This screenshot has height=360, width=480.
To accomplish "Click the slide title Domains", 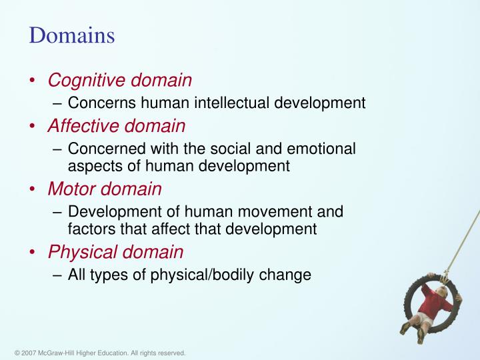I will point(71,35).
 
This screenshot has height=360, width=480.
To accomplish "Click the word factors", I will point(89,229).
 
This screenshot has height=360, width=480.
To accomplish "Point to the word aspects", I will point(92,166).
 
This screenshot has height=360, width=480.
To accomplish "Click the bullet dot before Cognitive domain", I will point(33,81).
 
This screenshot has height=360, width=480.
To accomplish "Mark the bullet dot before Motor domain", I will point(33,190).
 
